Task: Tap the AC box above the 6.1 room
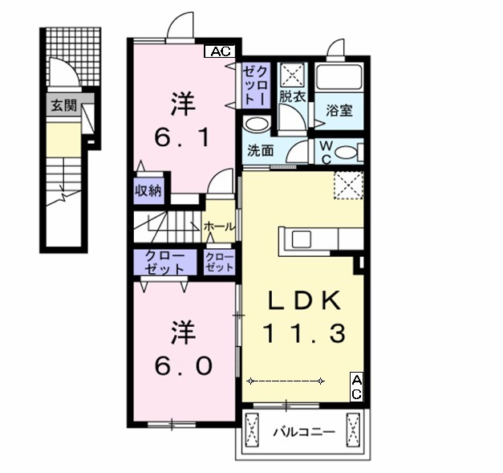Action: point(220,51)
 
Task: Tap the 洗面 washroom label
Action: point(261,150)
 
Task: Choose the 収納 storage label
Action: point(148,191)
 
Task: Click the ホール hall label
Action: point(220,227)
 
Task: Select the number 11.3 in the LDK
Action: point(304,331)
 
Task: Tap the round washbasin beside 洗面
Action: point(256,124)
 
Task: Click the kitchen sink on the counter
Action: point(301,239)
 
